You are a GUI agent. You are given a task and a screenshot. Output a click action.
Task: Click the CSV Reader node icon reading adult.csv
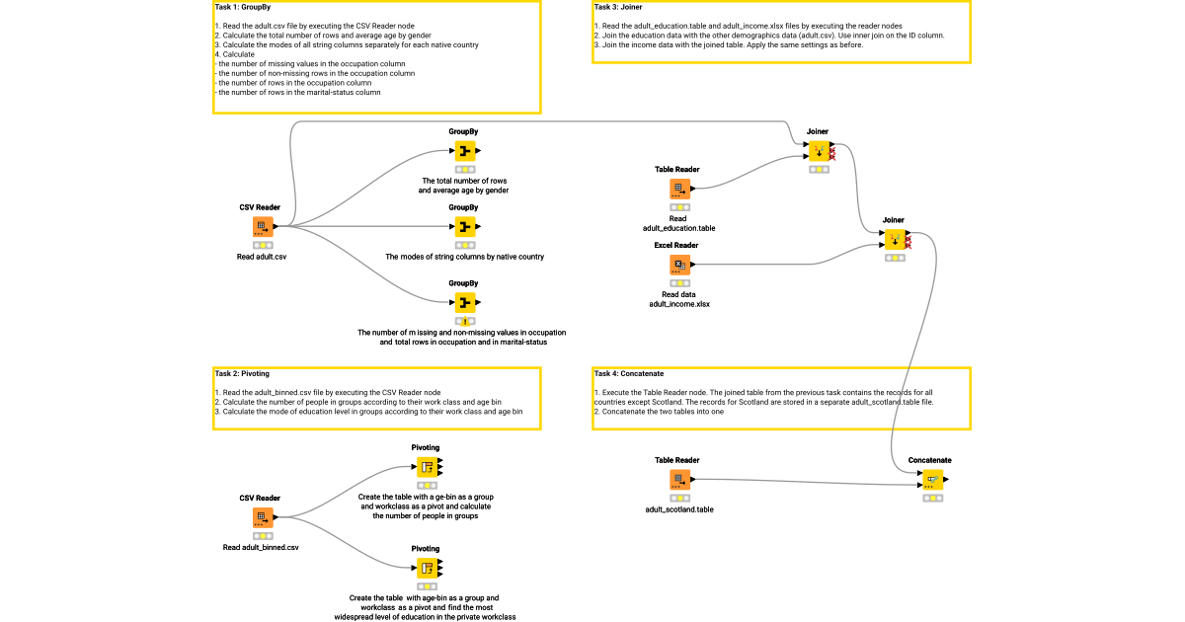[x=262, y=227]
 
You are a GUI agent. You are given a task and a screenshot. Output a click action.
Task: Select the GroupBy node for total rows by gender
[x=464, y=151]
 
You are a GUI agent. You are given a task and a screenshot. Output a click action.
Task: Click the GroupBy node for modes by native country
[x=464, y=227]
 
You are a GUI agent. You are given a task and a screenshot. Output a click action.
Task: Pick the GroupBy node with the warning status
[x=464, y=303]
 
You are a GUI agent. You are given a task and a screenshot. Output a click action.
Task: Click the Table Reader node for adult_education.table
[x=678, y=189]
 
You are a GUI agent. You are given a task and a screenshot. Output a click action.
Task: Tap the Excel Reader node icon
[x=678, y=265]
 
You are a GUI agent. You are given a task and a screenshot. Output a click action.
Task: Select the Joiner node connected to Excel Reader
[x=893, y=240]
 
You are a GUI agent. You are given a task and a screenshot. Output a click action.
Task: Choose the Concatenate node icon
[x=930, y=480]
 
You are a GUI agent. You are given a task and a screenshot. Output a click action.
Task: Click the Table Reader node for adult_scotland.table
[x=678, y=480]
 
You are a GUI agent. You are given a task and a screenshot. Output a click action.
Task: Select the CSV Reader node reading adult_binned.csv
[x=262, y=517]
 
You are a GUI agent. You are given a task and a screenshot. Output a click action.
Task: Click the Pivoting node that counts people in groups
[x=426, y=467]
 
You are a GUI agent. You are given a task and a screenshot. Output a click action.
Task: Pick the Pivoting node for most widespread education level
[x=426, y=568]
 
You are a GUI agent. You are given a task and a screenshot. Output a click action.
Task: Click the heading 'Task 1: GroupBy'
[x=243, y=7]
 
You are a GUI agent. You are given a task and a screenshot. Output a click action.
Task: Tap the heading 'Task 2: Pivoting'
[x=242, y=374]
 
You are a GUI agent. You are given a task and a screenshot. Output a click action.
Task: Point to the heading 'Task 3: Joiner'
[x=619, y=7]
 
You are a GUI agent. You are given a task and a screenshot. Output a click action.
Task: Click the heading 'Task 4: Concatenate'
[x=629, y=374]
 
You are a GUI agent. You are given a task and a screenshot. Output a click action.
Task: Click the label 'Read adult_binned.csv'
[x=261, y=547]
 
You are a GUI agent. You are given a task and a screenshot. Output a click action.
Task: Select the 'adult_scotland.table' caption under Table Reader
[x=678, y=509]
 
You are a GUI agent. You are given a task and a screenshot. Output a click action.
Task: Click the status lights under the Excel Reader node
[x=678, y=283]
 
